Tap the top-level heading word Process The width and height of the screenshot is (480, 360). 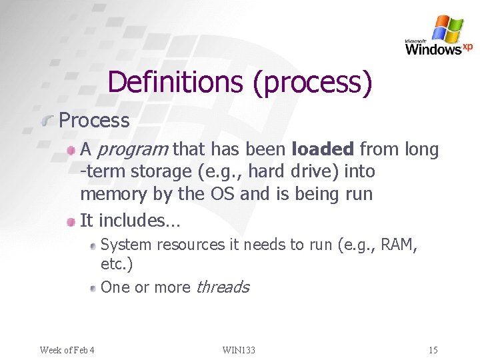click(x=94, y=121)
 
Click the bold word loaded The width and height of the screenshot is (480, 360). click(x=323, y=149)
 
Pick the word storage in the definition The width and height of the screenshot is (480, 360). click(x=160, y=172)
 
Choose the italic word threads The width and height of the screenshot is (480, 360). click(x=222, y=287)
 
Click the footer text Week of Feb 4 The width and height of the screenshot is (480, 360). click(x=67, y=350)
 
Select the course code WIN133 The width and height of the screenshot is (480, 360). click(x=239, y=350)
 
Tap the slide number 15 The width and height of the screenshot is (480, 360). click(x=433, y=350)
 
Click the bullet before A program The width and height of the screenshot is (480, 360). click(x=71, y=151)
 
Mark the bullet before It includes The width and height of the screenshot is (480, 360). click(x=71, y=220)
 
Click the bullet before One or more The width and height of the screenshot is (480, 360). click(x=93, y=288)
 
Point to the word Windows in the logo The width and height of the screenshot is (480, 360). click(x=433, y=49)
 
